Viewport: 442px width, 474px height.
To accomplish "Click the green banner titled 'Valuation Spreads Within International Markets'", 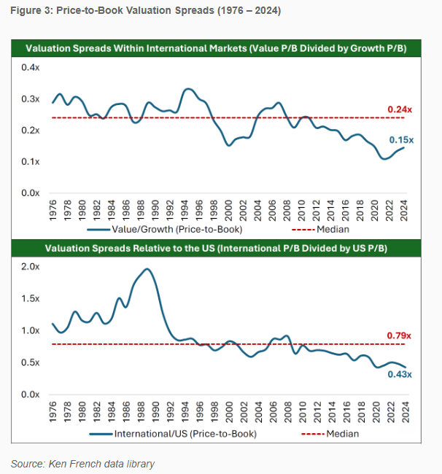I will tap(216, 48).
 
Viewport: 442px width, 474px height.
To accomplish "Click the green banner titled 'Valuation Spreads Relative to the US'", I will tap(216, 248).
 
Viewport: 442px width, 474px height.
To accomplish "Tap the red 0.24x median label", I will tap(400, 109).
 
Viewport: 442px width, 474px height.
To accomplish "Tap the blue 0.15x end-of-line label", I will tap(400, 139).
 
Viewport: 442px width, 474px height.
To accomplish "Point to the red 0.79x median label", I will tap(400, 335).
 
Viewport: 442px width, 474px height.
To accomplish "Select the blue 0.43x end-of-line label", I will tap(400, 374).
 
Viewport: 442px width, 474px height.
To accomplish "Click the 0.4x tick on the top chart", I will tap(29, 67).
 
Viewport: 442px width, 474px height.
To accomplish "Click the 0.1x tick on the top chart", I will tap(29, 161).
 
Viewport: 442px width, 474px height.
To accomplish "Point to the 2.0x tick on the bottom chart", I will tap(29, 267).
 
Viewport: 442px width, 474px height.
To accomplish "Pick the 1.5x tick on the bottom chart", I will tap(29, 299).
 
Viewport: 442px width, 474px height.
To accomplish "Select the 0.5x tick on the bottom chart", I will tap(29, 362).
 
